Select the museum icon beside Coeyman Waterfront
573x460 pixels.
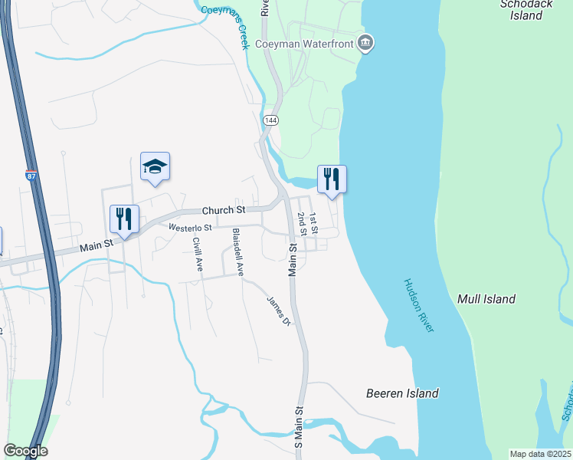366,42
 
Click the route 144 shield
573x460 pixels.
270,121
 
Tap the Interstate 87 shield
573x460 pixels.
31,176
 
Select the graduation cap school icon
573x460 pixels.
155,167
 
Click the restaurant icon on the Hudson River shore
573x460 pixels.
332,179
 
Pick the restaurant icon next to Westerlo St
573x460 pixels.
123,219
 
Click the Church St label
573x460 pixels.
223,210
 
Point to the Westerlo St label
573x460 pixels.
190,228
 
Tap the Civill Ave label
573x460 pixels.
198,255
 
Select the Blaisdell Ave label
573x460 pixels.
238,251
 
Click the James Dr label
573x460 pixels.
278,310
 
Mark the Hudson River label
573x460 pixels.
418,304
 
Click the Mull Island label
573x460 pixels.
486,299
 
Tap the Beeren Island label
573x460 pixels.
401,393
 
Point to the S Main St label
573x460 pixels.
299,427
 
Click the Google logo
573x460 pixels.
25,451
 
